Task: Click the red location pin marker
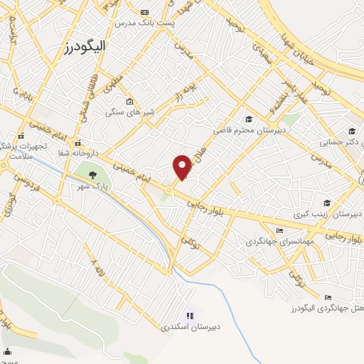183,166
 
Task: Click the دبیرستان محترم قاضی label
251,130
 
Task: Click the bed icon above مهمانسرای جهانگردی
279,230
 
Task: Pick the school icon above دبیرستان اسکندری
190,316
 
